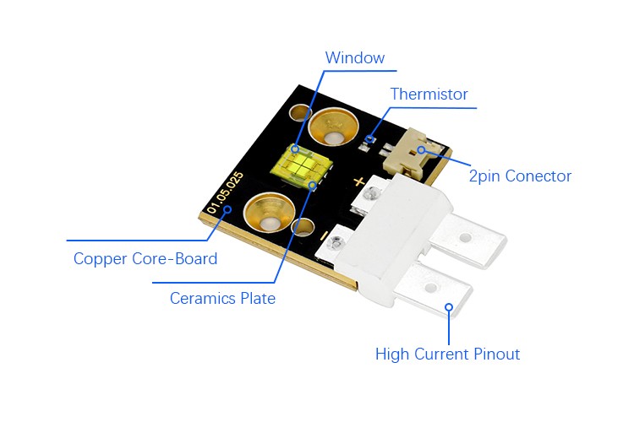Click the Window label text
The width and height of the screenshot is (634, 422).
click(354, 57)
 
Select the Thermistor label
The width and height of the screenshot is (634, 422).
click(429, 94)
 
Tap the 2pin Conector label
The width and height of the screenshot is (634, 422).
click(520, 176)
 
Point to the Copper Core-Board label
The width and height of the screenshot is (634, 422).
click(145, 259)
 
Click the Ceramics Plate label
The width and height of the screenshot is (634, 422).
click(222, 299)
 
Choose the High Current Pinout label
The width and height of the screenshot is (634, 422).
click(447, 354)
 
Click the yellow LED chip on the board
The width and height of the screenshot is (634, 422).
click(301, 165)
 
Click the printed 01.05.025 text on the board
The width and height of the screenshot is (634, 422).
click(225, 192)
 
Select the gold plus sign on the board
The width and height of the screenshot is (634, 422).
click(358, 181)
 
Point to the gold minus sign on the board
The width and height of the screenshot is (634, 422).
click(324, 235)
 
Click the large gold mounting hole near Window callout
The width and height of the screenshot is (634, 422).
click(334, 127)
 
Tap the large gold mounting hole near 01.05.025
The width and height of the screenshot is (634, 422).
click(269, 213)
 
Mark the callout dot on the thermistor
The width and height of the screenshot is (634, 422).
click(369, 139)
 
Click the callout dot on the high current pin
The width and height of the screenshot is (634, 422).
click(449, 307)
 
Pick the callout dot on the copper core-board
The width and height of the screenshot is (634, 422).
click(227, 209)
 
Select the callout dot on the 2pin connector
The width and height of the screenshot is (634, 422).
click(421, 150)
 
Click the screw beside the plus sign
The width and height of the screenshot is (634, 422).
click(370, 193)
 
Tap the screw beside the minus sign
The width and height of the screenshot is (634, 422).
click(335, 243)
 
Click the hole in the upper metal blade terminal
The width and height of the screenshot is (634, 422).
click(466, 237)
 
